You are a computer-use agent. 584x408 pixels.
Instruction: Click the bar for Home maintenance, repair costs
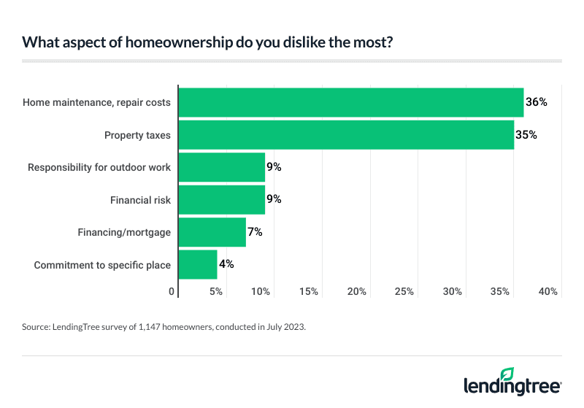(x=350, y=102)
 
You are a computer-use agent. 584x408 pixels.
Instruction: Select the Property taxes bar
(x=346, y=135)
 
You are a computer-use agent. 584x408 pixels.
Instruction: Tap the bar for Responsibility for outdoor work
(x=221, y=167)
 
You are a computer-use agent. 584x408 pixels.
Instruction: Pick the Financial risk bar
(x=221, y=199)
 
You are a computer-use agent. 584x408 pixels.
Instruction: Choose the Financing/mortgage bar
(x=212, y=232)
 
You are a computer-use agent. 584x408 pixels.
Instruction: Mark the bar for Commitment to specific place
(x=197, y=264)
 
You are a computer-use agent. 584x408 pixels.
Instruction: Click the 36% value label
(x=537, y=102)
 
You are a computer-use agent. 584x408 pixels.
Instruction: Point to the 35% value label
(x=527, y=135)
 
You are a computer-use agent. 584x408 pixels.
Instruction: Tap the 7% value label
(x=255, y=232)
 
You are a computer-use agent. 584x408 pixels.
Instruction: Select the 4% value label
(x=226, y=264)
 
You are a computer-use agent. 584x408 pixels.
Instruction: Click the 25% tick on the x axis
(x=404, y=292)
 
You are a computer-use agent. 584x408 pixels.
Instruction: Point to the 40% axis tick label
(x=548, y=292)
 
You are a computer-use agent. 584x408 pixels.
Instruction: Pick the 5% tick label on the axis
(x=216, y=292)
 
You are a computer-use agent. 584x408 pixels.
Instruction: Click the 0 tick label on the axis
(x=172, y=292)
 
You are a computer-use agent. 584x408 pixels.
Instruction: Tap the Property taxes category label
(x=137, y=135)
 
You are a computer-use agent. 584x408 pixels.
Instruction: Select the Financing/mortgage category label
(x=124, y=232)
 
